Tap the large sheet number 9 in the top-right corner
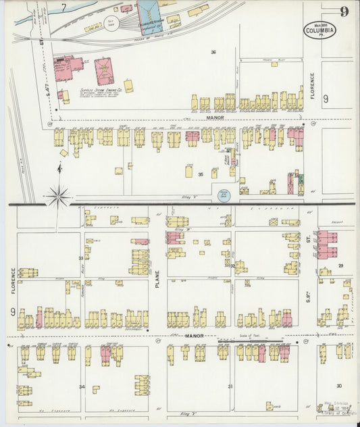tap(344, 11)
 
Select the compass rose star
tap(59, 197)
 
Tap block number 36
tap(213, 52)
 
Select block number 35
tap(201, 174)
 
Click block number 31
tap(230, 386)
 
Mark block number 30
tap(338, 386)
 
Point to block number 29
tap(341, 266)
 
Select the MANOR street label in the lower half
tap(195, 336)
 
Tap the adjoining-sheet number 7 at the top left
tap(64, 7)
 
